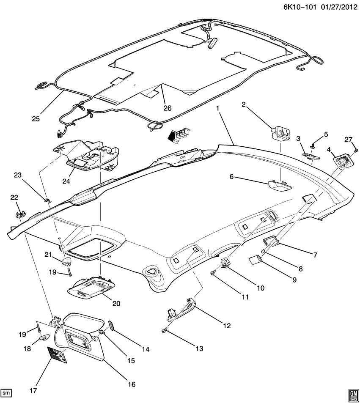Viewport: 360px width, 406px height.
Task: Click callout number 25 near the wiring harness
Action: tap(35, 119)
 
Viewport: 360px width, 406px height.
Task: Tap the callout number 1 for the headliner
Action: tap(217, 108)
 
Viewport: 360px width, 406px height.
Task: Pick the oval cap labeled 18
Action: tap(44, 337)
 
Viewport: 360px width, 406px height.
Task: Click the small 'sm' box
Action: tap(6, 394)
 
